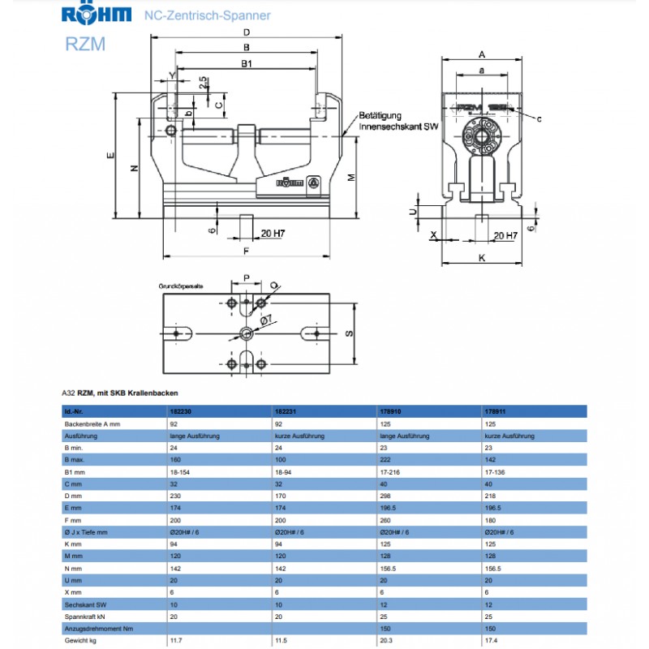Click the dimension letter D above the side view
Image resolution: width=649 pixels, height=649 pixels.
pyautogui.click(x=246, y=32)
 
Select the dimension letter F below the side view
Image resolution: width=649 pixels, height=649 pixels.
pyautogui.click(x=245, y=250)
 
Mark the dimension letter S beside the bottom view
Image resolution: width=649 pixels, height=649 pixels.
pyautogui.click(x=349, y=333)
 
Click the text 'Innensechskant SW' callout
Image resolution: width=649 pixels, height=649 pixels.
pyautogui.click(x=399, y=127)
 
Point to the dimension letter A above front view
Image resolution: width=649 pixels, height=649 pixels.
pyautogui.click(x=481, y=54)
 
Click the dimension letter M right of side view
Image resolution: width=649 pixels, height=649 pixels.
pyautogui.click(x=350, y=178)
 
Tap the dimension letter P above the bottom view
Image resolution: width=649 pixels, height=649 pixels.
pyautogui.click(x=245, y=277)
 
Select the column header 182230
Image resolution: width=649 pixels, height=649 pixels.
pyautogui.click(x=180, y=412)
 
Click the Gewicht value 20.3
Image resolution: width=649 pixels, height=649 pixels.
pyautogui.click(x=387, y=641)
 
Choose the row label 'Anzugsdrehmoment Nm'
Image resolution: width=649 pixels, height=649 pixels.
pyautogui.click(x=99, y=629)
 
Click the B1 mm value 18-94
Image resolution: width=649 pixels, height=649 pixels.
pyautogui.click(x=286, y=471)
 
